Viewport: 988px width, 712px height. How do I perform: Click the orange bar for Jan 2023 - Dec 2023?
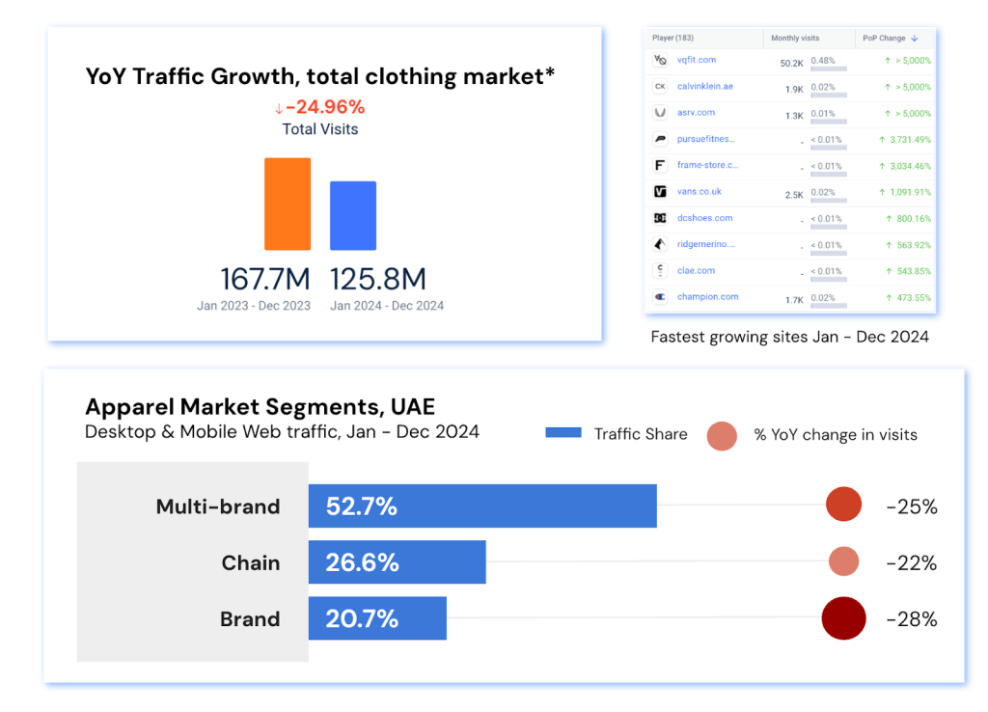pyautogui.click(x=288, y=204)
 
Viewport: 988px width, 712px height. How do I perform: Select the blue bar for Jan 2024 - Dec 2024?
pyautogui.click(x=353, y=215)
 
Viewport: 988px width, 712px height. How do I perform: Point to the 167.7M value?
pyautogui.click(x=265, y=279)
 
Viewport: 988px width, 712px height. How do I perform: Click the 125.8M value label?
pyautogui.click(x=378, y=279)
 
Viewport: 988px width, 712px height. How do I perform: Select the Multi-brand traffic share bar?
pyautogui.click(x=482, y=507)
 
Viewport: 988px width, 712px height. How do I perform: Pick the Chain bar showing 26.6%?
pyautogui.click(x=397, y=562)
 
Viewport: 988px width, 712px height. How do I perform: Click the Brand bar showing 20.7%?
pyautogui.click(x=377, y=618)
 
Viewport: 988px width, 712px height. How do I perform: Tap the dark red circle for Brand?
pyautogui.click(x=843, y=618)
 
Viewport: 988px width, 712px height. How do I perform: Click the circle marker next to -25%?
pyautogui.click(x=843, y=506)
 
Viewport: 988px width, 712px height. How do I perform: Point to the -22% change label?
pyautogui.click(x=911, y=562)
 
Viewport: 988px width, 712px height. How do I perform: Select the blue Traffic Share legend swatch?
pyautogui.click(x=563, y=433)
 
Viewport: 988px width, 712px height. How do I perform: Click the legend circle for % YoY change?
pyautogui.click(x=722, y=435)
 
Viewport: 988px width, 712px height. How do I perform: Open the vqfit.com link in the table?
pyautogui.click(x=696, y=60)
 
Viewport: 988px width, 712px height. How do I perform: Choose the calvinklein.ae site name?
pyautogui.click(x=704, y=86)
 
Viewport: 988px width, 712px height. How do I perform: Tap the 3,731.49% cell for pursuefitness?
pyautogui.click(x=904, y=139)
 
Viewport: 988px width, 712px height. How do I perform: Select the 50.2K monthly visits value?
pyautogui.click(x=791, y=62)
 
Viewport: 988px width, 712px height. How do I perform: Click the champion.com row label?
pyautogui.click(x=707, y=297)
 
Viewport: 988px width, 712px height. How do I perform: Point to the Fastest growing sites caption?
pyautogui.click(x=789, y=337)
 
